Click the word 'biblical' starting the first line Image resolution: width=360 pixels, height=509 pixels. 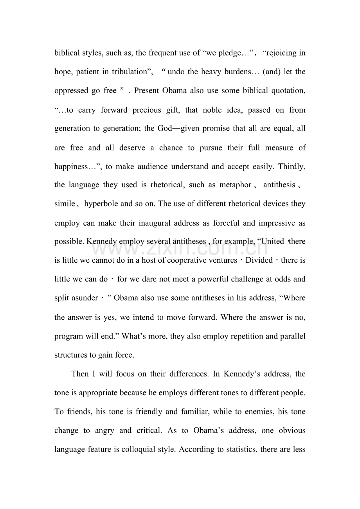(x=67, y=53)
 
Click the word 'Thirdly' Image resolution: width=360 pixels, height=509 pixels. (x=291, y=167)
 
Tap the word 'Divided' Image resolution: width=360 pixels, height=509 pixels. (x=259, y=260)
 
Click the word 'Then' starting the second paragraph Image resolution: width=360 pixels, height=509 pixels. (x=80, y=374)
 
